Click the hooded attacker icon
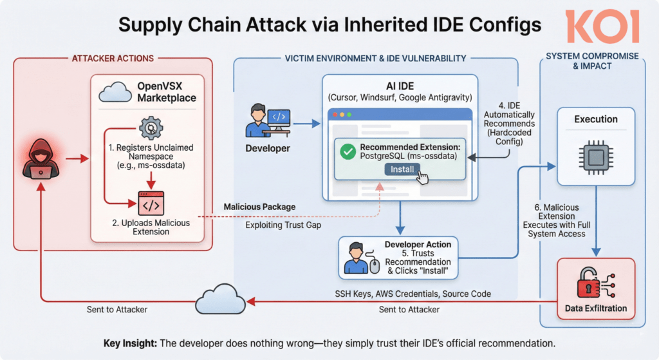point(37,158)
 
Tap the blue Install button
point(402,169)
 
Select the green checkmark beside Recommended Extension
point(348,152)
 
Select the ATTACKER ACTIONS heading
point(113,59)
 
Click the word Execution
point(596,119)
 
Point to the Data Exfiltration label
point(595,308)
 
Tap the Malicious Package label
point(259,207)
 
